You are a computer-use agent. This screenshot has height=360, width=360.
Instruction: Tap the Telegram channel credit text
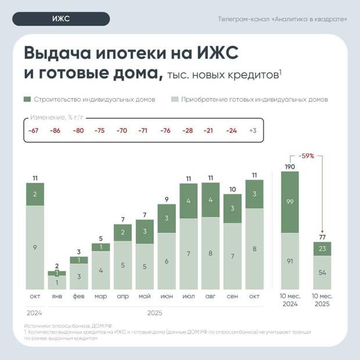coord(283,19)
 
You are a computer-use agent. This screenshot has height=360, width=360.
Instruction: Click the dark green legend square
coord(28,99)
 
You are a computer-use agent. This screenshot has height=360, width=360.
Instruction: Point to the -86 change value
coord(56,131)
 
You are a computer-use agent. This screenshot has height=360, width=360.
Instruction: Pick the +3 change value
coord(253,131)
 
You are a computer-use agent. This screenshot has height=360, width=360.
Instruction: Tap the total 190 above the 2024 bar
coord(290,166)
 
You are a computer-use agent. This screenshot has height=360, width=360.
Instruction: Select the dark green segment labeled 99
coord(290,201)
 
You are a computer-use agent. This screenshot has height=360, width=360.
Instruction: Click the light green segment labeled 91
coord(290,261)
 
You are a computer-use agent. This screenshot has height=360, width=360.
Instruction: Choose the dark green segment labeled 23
coord(323,248)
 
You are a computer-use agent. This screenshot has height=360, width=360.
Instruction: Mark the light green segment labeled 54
coord(323,272)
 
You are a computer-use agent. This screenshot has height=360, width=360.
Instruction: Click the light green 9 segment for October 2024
coord(35,248)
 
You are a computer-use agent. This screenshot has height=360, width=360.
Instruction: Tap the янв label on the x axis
coord(56,296)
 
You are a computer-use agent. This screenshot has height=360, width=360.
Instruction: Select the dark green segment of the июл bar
coord(189,201)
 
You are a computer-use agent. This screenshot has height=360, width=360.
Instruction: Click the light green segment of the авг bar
coord(210,253)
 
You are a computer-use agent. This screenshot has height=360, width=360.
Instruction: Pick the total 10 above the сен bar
coord(232,189)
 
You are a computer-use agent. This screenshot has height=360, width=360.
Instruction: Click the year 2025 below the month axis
coord(154,313)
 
